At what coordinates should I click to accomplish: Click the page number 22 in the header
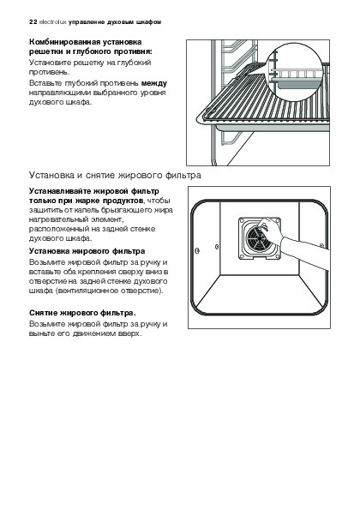click(33, 22)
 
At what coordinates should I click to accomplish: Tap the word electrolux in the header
click(52, 22)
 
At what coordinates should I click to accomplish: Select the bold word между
click(154, 83)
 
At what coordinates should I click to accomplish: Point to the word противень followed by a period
click(50, 72)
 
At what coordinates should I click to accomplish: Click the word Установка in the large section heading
click(51, 176)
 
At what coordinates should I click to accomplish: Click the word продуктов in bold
click(123, 201)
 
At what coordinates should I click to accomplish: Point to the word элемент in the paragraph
click(106, 219)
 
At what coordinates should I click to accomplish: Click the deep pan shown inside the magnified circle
click(297, 83)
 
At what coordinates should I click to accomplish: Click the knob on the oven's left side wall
click(197, 250)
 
